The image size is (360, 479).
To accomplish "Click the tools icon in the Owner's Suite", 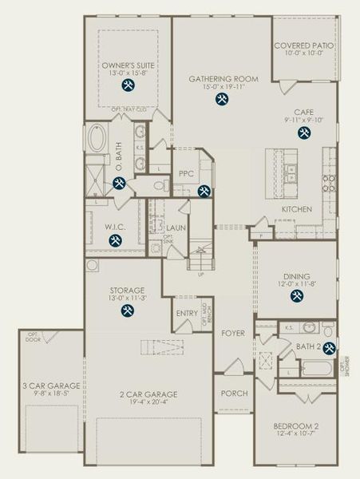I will click(x=127, y=85).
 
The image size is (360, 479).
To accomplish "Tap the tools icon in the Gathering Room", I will click(x=222, y=99).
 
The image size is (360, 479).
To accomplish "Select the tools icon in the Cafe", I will click(x=303, y=133).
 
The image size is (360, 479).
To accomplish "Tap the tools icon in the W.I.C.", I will click(x=115, y=239).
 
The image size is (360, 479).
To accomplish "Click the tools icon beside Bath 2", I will click(x=328, y=346).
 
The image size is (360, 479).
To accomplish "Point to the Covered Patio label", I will click(x=304, y=46).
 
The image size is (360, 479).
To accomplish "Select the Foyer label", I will click(x=232, y=332).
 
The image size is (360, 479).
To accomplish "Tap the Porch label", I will click(x=234, y=394).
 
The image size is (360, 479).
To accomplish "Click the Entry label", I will click(x=187, y=314).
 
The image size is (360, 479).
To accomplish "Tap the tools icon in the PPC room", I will click(x=204, y=191).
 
